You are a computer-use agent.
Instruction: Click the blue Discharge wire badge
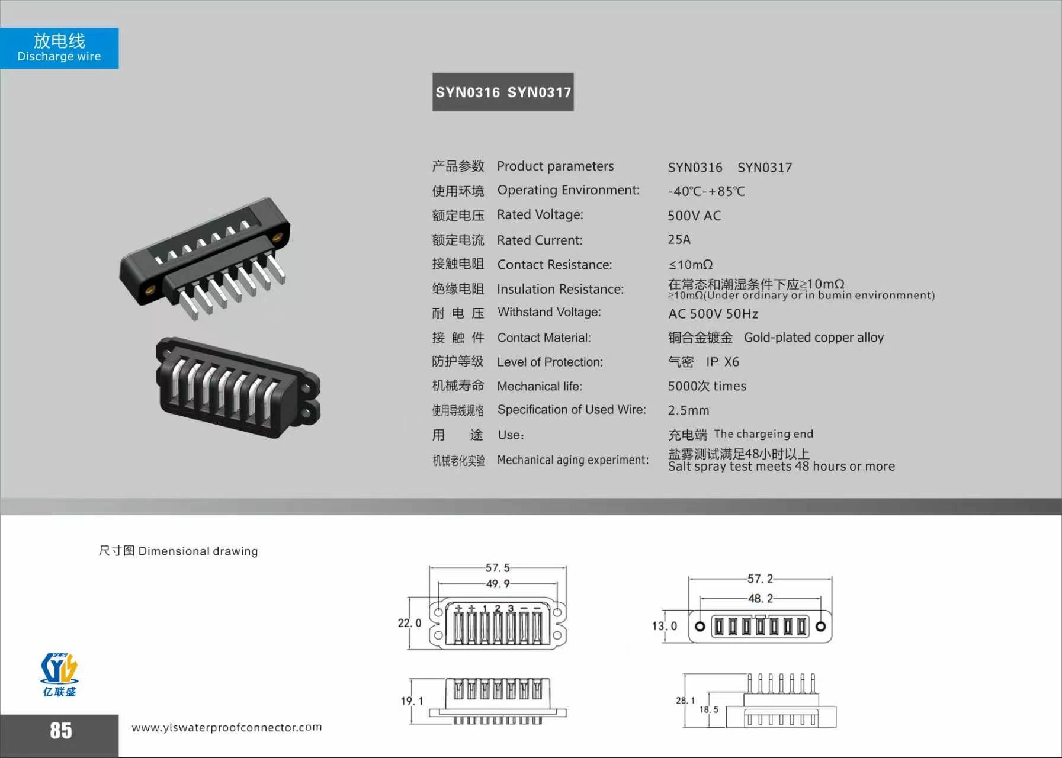coord(59,48)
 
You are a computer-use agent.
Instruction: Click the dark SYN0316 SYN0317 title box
coord(503,92)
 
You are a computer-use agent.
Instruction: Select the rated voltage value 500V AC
coord(694,216)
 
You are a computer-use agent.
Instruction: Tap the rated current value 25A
coord(679,239)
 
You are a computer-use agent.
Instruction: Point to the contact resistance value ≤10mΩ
coord(691,265)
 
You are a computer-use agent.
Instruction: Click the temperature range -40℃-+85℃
coord(707,191)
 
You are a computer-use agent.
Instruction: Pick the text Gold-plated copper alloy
coord(814,338)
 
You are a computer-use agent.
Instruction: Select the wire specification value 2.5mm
coord(688,410)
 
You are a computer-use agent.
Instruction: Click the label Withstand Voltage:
coord(549,312)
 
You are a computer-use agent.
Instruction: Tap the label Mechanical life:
coord(540,386)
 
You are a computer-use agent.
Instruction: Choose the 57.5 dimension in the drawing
coord(498,568)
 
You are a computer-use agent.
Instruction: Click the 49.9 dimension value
coord(498,584)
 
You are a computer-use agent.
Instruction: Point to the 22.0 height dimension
coord(409,623)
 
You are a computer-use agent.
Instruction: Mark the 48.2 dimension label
coord(761,599)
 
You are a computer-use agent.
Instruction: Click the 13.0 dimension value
coord(664,626)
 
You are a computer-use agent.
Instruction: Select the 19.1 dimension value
coord(412,701)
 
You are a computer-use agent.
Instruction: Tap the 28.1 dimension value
coord(685,701)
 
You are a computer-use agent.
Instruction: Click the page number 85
coord(61,731)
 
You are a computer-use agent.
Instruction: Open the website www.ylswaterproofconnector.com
coord(227,727)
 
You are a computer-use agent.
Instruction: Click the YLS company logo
coord(59,675)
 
